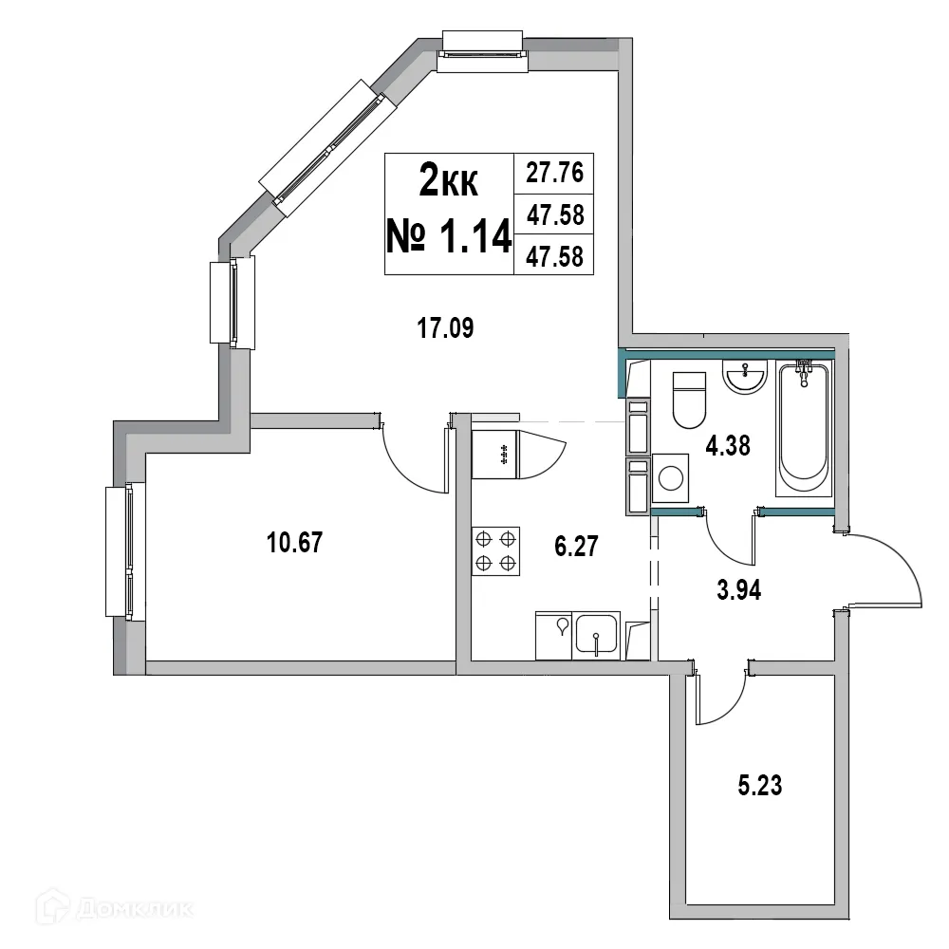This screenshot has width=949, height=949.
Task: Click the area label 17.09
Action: point(445,329)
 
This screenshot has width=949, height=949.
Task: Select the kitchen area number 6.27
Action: point(576,548)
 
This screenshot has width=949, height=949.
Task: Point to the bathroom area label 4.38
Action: point(727,445)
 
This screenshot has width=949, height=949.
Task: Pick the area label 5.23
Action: point(760,786)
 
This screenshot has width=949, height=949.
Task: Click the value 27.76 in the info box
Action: point(553,174)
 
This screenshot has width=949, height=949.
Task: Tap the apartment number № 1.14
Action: point(449,235)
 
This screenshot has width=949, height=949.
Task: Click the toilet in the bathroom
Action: point(689,400)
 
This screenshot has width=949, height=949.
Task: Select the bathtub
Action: point(802,427)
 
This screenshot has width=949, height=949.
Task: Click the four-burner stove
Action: point(496,550)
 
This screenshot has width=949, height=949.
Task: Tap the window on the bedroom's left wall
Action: point(125,551)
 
